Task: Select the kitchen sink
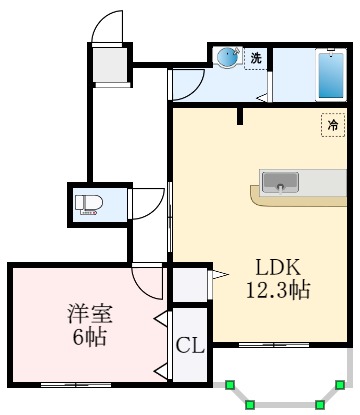click(x=280, y=182)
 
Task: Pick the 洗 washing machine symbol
click(x=256, y=58)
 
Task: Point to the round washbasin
click(x=228, y=58)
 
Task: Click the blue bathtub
click(x=329, y=75)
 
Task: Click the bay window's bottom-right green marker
click(x=319, y=405)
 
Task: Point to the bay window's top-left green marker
click(x=230, y=382)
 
